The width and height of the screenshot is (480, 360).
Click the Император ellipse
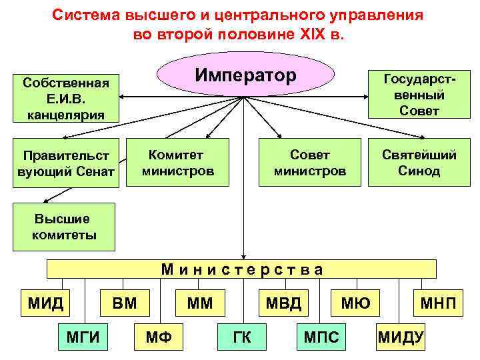click(x=245, y=75)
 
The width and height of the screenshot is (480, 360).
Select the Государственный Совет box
click(x=410, y=95)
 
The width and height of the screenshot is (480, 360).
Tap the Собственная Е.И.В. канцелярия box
click(x=65, y=98)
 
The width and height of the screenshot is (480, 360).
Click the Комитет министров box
click(x=178, y=162)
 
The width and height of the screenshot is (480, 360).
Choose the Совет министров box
click(x=310, y=162)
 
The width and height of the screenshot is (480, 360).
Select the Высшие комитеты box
click(x=63, y=227)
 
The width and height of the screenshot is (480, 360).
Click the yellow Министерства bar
click(x=242, y=269)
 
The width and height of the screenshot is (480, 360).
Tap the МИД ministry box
click(x=45, y=304)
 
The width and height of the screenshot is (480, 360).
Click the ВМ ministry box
click(x=124, y=304)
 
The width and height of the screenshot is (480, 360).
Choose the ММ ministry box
click(x=199, y=304)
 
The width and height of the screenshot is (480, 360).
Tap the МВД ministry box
click(x=283, y=304)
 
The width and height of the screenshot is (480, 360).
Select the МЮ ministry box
click(x=355, y=304)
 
